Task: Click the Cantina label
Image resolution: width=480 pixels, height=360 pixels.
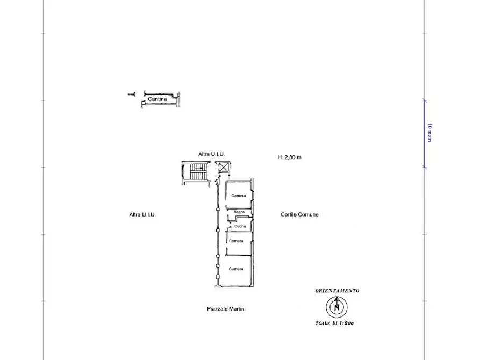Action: (157, 99)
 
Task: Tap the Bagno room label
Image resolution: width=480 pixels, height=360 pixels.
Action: (239, 212)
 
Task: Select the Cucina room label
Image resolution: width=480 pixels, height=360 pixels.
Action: (240, 226)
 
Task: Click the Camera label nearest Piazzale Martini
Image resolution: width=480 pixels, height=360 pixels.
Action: (236, 269)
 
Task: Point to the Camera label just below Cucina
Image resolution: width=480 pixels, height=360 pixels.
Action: (236, 241)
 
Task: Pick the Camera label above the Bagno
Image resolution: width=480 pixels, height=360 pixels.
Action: (239, 195)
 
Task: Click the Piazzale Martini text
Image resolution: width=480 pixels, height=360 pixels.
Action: (226, 309)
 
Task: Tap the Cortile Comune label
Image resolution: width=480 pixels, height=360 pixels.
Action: (300, 214)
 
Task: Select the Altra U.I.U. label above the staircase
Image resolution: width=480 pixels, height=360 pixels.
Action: (212, 154)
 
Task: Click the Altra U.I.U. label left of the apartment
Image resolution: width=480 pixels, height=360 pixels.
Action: (142, 214)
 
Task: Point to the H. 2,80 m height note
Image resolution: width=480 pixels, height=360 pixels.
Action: (290, 157)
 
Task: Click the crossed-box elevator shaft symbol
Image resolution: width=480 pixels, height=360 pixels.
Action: (224, 168)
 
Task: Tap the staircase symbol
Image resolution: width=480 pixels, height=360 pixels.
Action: (196, 172)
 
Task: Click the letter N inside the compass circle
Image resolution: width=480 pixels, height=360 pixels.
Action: (336, 307)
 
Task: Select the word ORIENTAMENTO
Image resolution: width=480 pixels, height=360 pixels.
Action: (337, 291)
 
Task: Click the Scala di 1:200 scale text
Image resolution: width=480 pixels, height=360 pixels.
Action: (334, 323)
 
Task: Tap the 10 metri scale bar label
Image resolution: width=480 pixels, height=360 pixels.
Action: (429, 133)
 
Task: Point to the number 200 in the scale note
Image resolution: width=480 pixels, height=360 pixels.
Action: (348, 323)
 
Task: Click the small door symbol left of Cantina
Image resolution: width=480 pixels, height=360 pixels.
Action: (132, 94)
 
